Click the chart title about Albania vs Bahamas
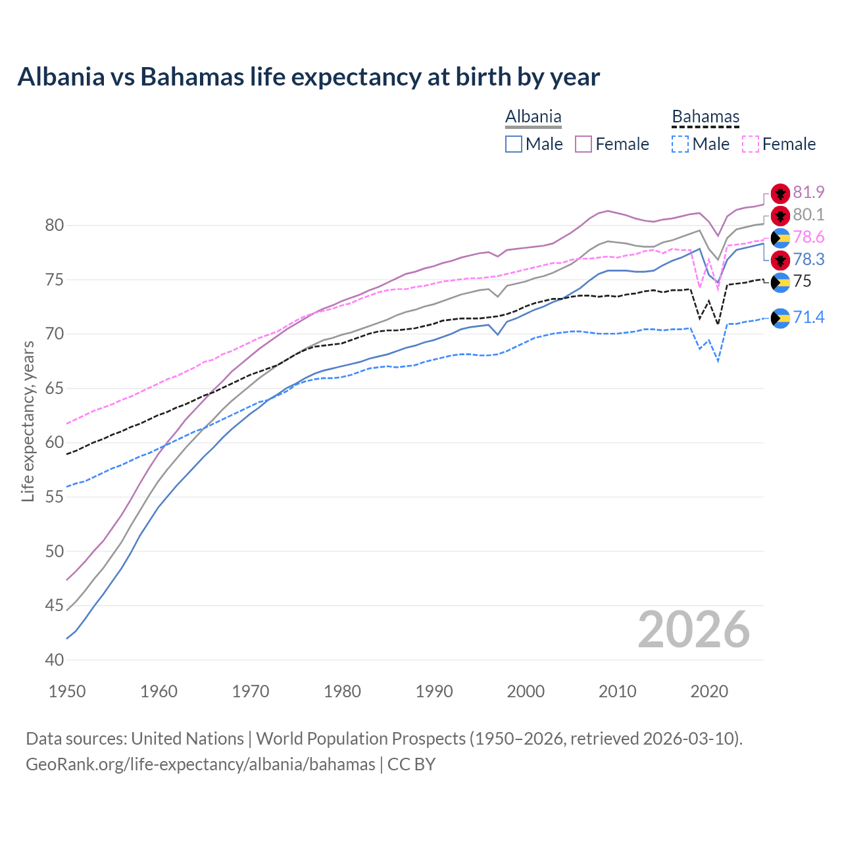(x=309, y=77)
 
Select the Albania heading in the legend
(x=533, y=117)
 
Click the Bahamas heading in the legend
(x=705, y=117)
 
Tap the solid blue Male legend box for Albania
(x=514, y=144)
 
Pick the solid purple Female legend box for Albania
(x=583, y=144)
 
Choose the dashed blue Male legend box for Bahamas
(x=681, y=144)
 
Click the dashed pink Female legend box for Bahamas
(x=751, y=144)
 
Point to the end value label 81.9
(x=808, y=192)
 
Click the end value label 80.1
(x=808, y=214)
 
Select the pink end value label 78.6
(x=808, y=237)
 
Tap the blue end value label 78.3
(x=808, y=259)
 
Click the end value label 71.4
(x=808, y=318)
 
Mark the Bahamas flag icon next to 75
(x=780, y=282)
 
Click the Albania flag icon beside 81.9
(x=780, y=193)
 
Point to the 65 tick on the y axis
(x=54, y=389)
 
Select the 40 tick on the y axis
(x=54, y=660)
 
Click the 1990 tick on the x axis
(x=434, y=691)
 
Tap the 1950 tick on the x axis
(x=68, y=691)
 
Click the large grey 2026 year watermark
(x=693, y=630)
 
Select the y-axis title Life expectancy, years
(x=28, y=421)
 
